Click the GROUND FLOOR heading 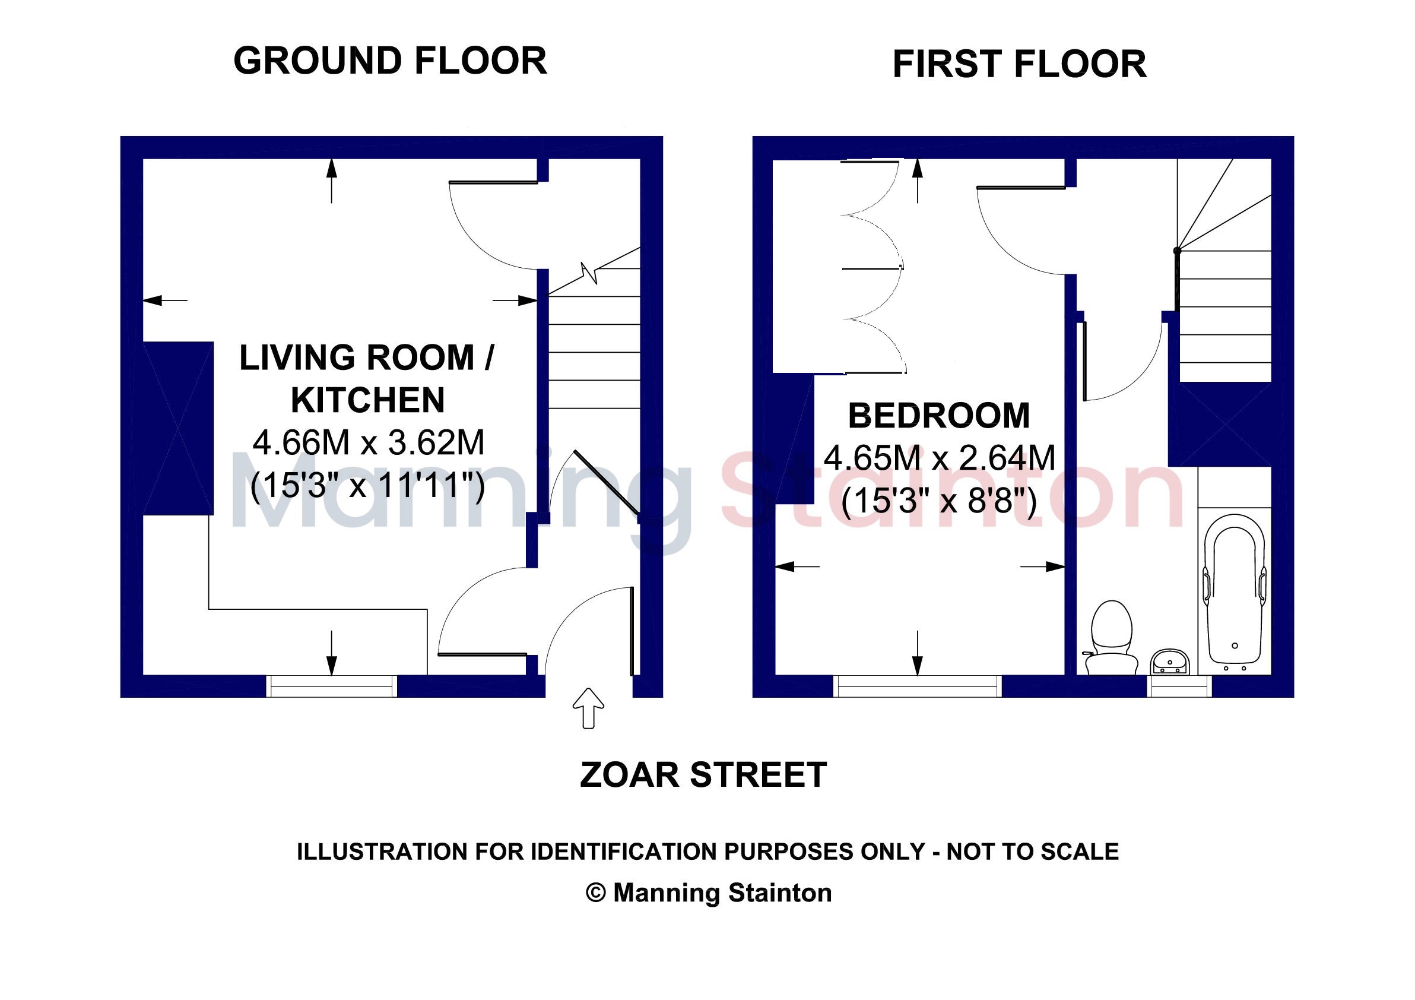pos(390,61)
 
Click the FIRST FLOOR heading pos(1019,65)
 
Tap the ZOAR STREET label pos(703,775)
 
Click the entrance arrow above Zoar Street pos(588,708)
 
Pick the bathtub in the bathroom pos(1235,593)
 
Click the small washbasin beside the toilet pos(1170,662)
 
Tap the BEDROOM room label pos(938,416)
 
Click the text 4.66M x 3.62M pos(369,442)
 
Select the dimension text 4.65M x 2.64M pos(939,458)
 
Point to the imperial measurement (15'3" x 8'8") pos(938,500)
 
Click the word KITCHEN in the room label pos(367,400)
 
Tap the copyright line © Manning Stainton pos(709,893)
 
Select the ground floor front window pos(332,686)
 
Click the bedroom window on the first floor pos(918,686)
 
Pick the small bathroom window pos(1179,686)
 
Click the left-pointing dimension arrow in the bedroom pos(797,566)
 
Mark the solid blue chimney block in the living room pos(178,429)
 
